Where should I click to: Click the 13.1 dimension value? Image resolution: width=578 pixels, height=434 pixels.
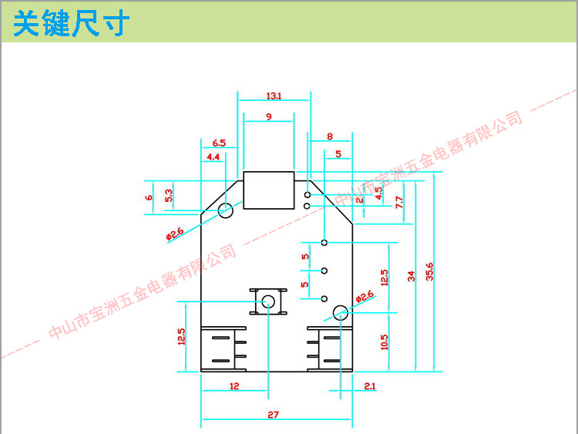point(274,96)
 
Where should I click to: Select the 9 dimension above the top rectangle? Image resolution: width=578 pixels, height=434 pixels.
point(268,116)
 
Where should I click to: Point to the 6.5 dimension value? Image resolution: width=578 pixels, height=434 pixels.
point(218,143)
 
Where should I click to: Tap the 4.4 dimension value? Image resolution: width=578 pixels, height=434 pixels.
point(213,157)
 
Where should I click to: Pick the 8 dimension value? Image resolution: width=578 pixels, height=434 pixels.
point(330,136)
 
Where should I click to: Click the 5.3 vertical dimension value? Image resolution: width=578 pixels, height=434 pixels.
point(168,197)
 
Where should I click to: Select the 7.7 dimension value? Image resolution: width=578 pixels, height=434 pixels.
point(398,203)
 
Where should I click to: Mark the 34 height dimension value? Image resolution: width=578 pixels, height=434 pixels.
point(412,275)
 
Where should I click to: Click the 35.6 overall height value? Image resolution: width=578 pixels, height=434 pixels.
point(429,272)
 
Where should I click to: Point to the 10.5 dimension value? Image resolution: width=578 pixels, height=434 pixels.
point(384,341)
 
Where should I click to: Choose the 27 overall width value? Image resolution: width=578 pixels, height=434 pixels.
point(273,415)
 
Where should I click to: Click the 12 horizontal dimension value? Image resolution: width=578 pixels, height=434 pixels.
point(234,385)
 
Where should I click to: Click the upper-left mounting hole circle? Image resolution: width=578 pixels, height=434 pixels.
point(226,210)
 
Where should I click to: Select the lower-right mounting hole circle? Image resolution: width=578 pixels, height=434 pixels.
point(340,313)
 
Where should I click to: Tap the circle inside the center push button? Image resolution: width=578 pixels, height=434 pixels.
point(268,301)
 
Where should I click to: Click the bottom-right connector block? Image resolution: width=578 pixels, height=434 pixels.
point(330,349)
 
